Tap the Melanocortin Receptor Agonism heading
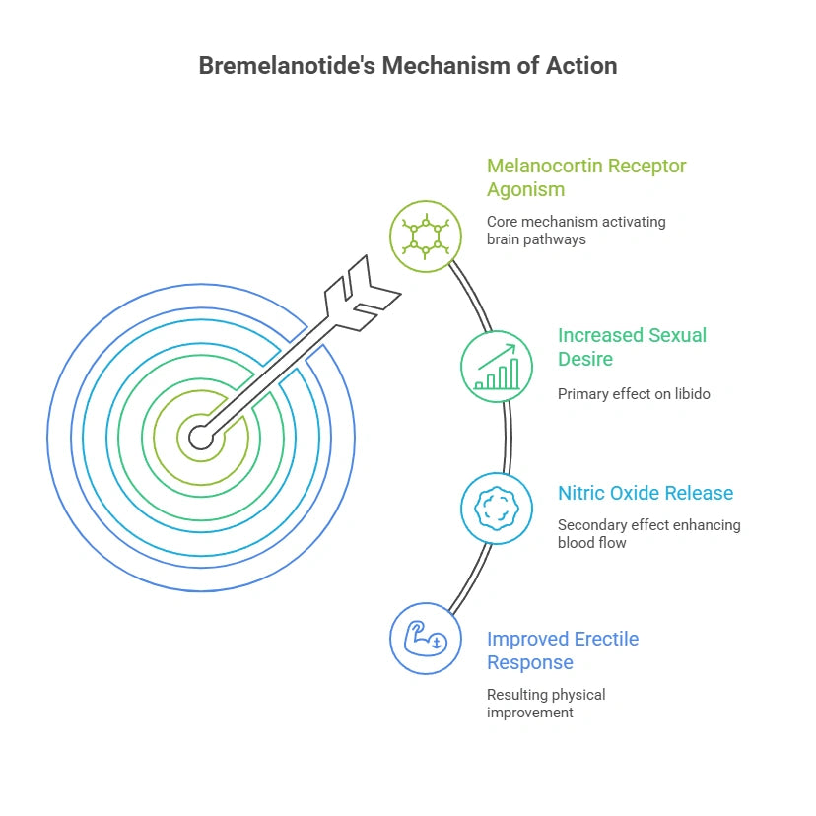(x=586, y=177)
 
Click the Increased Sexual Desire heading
(x=632, y=346)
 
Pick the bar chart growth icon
(x=497, y=367)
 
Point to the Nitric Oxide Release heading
(x=646, y=493)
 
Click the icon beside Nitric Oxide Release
(x=497, y=509)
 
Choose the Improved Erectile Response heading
(x=563, y=650)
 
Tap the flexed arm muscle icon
(x=426, y=639)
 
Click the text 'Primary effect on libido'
(x=634, y=394)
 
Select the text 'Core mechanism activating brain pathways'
(x=576, y=230)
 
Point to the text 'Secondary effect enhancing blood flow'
(x=648, y=533)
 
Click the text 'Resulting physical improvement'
(x=546, y=703)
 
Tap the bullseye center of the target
(x=201, y=437)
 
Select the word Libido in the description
(x=689, y=394)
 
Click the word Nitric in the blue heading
(x=582, y=493)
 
